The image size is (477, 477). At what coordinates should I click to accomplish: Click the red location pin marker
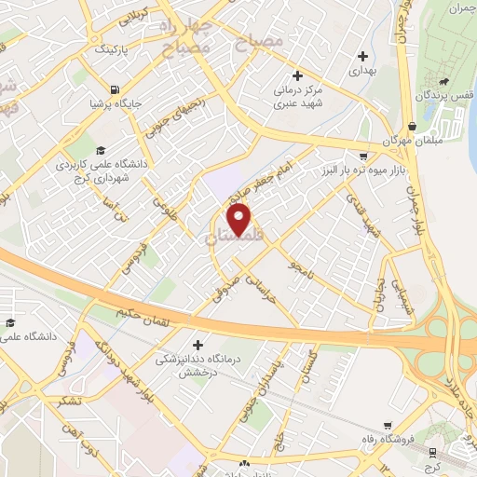pos(239,220)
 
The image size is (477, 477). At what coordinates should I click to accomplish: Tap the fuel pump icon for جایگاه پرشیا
pos(115,90)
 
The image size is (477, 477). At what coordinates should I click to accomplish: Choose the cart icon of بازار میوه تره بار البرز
pos(362,157)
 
